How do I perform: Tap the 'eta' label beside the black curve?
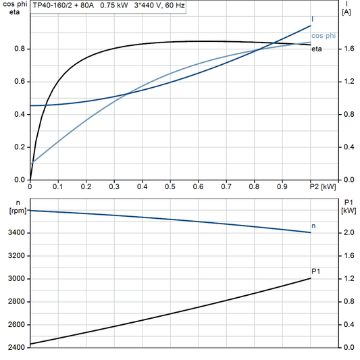(x=316, y=51)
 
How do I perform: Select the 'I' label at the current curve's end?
(x=313, y=19)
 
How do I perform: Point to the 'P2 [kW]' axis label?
(x=322, y=186)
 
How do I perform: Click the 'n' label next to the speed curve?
(x=313, y=225)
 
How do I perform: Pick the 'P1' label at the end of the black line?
(x=315, y=272)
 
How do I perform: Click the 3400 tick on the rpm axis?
(x=18, y=233)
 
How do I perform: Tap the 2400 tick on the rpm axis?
(x=18, y=348)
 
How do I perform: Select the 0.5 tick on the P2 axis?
(x=170, y=186)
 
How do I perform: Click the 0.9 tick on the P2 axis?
(x=282, y=186)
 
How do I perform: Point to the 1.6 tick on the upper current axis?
(x=347, y=49)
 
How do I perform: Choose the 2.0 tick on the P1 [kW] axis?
(x=347, y=233)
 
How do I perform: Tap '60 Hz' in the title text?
(x=173, y=5)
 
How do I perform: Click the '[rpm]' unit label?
(x=16, y=210)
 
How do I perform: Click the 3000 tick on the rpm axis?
(x=18, y=279)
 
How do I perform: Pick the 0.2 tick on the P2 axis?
(x=86, y=186)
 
